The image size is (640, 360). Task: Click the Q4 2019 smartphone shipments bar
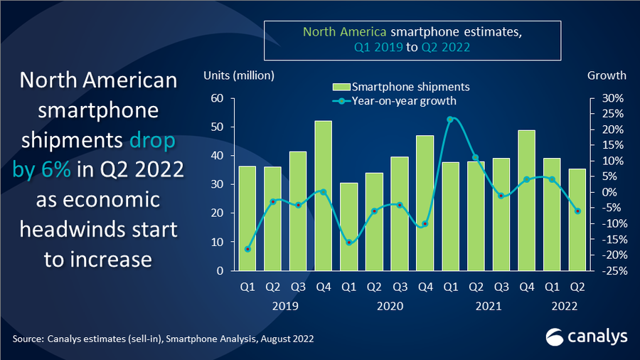[324, 196]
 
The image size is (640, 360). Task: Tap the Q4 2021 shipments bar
[527, 200]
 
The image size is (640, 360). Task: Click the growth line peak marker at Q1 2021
[450, 120]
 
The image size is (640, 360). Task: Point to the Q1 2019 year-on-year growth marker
[247, 249]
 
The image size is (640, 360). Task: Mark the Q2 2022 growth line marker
[577, 211]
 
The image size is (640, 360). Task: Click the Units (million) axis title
[238, 75]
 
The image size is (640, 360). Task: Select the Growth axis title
[607, 75]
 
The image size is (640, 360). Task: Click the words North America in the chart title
[346, 32]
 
